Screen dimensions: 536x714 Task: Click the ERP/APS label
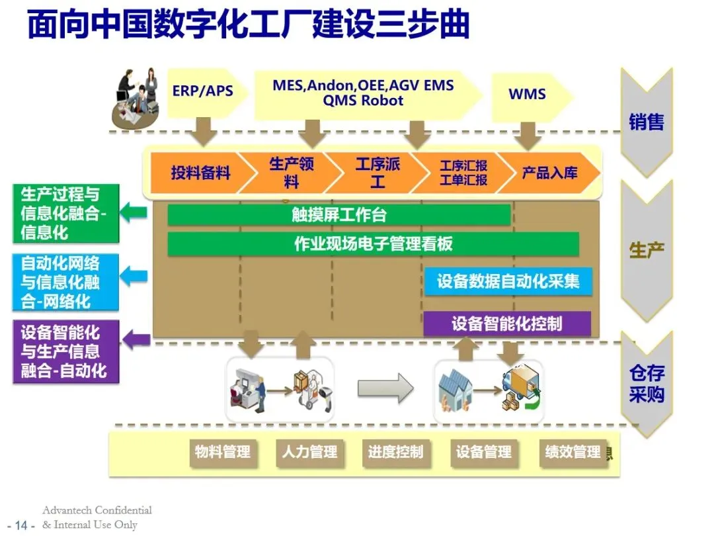click(x=202, y=91)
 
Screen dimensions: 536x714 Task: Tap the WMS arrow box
click(x=527, y=93)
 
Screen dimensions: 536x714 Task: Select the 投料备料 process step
click(x=200, y=173)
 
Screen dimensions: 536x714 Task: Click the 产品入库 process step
click(x=549, y=173)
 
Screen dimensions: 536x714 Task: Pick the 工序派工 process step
click(x=377, y=172)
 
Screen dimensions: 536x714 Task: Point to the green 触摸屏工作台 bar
click(x=339, y=215)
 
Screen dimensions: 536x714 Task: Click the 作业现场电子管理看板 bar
click(x=373, y=244)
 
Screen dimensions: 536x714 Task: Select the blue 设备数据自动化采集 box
click(x=508, y=281)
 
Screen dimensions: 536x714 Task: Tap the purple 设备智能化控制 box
click(x=507, y=324)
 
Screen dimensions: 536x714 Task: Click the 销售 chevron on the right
click(x=646, y=122)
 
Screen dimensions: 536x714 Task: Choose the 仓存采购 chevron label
click(x=646, y=384)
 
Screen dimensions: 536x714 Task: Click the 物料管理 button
click(x=223, y=453)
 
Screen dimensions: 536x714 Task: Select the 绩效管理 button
click(x=573, y=453)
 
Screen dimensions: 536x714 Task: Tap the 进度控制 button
click(x=395, y=453)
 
